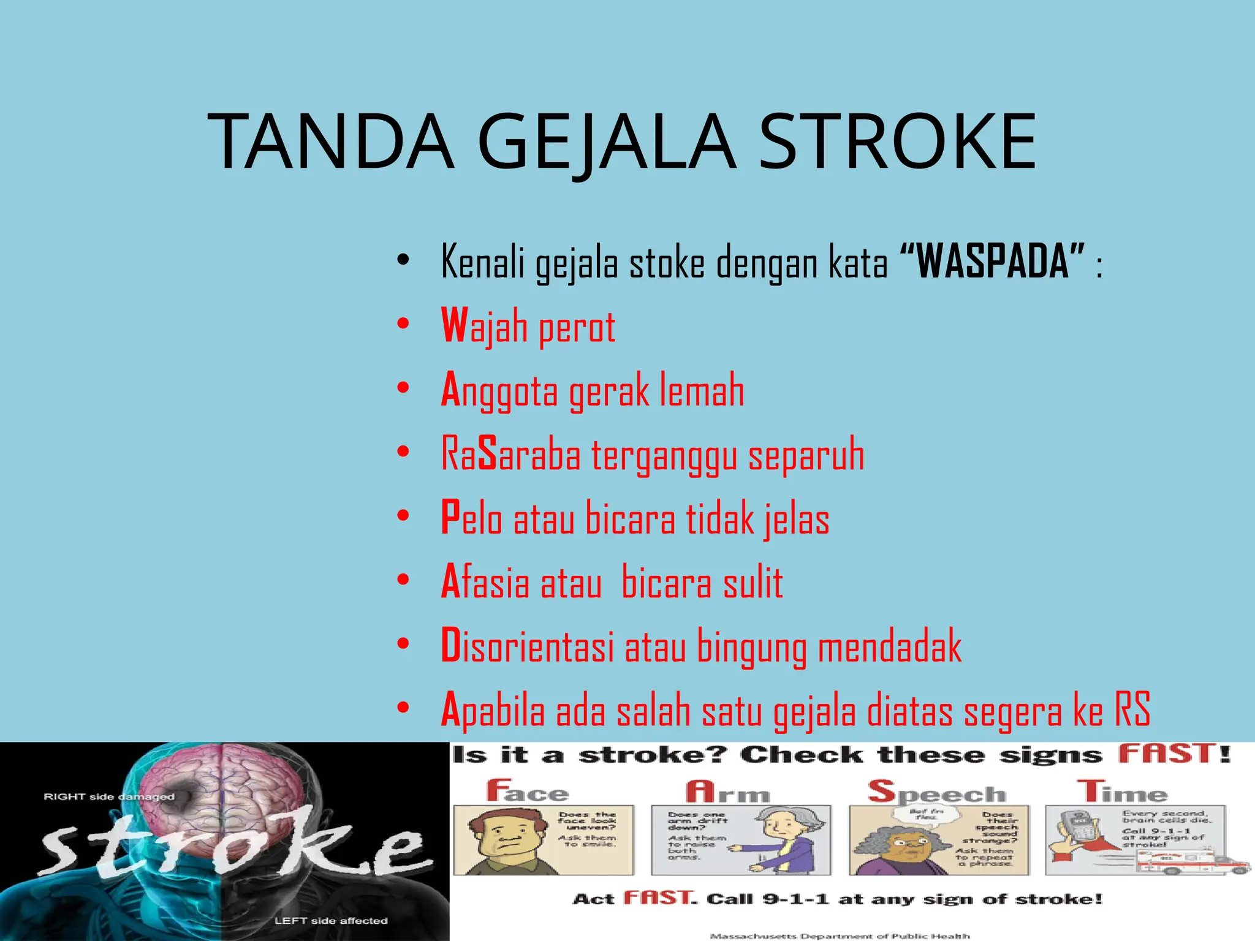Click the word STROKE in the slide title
tap(897, 142)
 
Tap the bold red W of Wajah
tap(453, 326)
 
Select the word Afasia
tap(485, 583)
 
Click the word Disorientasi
tap(527, 646)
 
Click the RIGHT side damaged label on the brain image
tap(109, 797)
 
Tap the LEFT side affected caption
tap(331, 921)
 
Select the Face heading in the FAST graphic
tap(528, 792)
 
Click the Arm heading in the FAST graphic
tap(727, 793)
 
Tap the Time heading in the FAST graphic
tap(1123, 792)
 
